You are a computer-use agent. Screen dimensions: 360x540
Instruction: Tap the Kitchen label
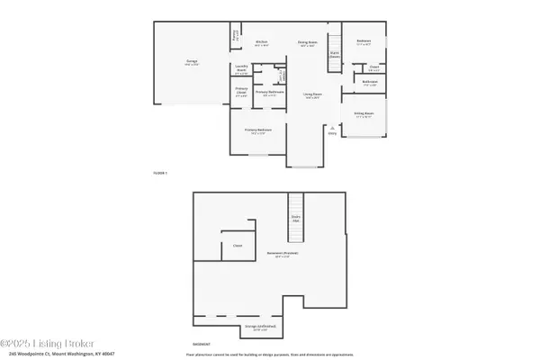(262, 42)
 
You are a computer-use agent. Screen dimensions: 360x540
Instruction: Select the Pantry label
(237, 38)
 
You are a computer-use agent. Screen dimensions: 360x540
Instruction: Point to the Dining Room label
(307, 42)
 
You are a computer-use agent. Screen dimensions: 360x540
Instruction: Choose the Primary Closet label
(241, 91)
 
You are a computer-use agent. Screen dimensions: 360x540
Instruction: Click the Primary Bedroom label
(259, 131)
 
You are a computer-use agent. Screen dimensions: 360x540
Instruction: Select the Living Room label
(313, 96)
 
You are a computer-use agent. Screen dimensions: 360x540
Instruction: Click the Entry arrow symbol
(332, 127)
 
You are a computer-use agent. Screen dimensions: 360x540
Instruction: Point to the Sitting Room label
(364, 114)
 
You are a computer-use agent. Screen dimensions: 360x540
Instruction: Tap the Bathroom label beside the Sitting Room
(370, 84)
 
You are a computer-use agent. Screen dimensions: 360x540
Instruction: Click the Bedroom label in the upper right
(364, 41)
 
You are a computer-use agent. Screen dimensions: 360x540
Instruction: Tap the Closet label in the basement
(238, 245)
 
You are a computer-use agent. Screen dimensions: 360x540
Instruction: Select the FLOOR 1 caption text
(160, 172)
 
